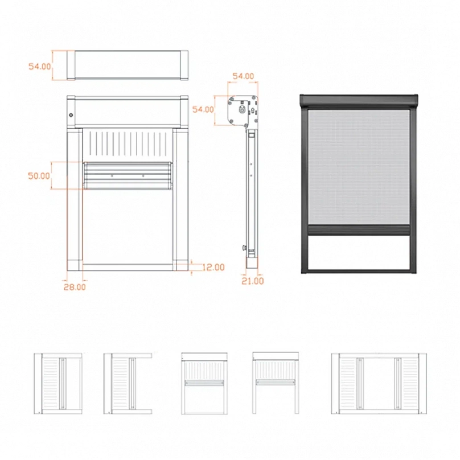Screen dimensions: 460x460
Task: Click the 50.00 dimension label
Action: coord(39,176)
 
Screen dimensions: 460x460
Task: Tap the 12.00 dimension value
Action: coord(213,267)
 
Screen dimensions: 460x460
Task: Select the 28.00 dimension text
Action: coord(75,287)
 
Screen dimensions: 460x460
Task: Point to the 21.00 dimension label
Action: coord(253,281)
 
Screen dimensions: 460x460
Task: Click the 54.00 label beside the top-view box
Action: coord(40,66)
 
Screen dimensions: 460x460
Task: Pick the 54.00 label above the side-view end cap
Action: coord(243,76)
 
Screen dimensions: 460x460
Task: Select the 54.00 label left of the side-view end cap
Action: coord(203,109)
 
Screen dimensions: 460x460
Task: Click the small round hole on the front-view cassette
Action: coord(71,115)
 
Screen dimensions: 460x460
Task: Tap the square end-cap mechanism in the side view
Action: coord(243,111)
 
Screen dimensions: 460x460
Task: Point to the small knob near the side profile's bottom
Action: coord(244,248)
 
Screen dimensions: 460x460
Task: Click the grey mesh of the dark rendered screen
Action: coord(359,167)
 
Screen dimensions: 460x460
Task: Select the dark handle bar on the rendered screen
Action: coord(359,229)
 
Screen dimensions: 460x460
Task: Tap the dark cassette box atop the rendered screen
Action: coord(359,101)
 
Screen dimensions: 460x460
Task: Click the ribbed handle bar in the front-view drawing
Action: coord(128,176)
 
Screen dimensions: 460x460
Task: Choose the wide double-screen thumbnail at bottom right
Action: coord(379,384)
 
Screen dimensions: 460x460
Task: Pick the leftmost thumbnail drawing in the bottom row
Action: coord(58,384)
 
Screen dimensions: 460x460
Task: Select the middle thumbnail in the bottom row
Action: coord(204,384)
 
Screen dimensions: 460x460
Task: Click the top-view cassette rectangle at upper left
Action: coord(128,65)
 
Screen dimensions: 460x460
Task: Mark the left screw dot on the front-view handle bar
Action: coord(112,176)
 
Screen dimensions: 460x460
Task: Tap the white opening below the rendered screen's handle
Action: coord(359,252)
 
